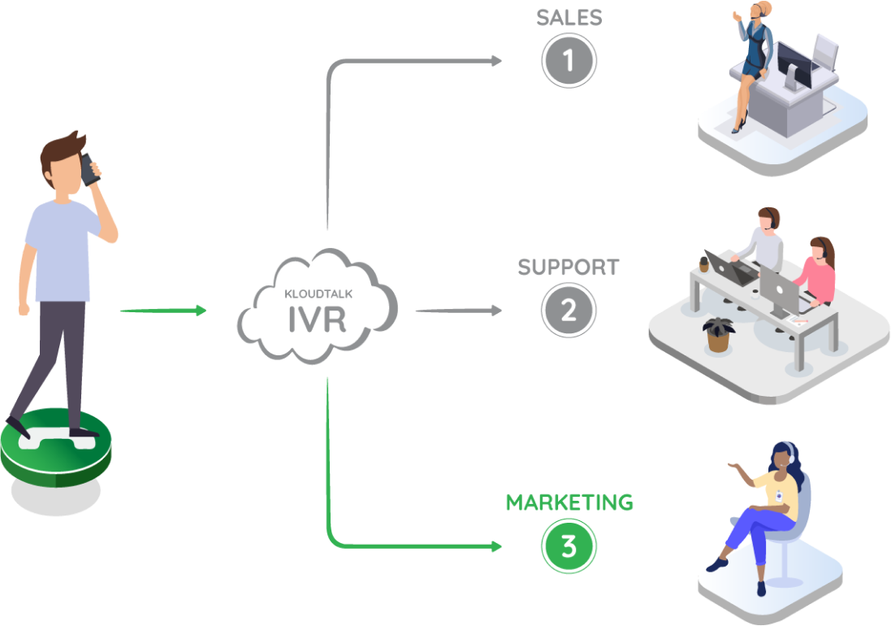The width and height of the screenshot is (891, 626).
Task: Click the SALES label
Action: click(x=568, y=17)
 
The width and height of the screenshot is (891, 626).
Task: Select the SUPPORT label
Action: click(x=569, y=267)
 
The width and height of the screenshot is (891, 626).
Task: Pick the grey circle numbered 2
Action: click(x=569, y=310)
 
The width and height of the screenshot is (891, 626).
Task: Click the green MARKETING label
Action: click(x=569, y=502)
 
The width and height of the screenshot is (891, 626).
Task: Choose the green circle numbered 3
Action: click(x=569, y=547)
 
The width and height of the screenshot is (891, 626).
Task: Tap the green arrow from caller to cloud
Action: click(x=162, y=311)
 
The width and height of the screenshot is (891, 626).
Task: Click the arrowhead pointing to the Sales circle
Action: click(x=495, y=60)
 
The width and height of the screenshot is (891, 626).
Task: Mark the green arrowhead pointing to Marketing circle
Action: click(x=495, y=547)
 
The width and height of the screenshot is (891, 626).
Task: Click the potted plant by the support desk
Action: click(x=717, y=333)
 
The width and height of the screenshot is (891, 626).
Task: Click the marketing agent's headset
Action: click(x=788, y=452)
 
